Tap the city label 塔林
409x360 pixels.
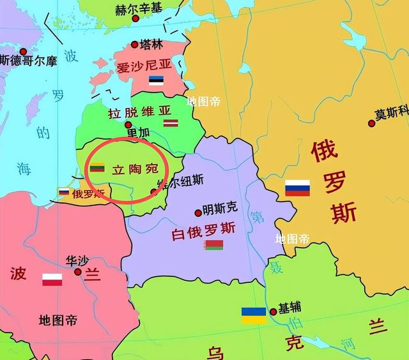pyautogui.click(x=153, y=45)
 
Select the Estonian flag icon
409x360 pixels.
pyautogui.click(x=157, y=80)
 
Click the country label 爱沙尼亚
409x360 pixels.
pyautogui.click(x=143, y=66)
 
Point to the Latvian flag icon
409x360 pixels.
pyautogui.click(x=169, y=123)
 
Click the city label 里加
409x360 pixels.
pyautogui.click(x=139, y=132)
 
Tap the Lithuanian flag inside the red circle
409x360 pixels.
pyautogui.click(x=96, y=168)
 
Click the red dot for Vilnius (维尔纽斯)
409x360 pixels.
pyautogui.click(x=153, y=191)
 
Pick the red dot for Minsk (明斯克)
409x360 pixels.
pyautogui.click(x=198, y=213)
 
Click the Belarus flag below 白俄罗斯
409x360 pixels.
pyautogui.click(x=214, y=244)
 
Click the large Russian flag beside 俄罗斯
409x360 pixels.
pyautogui.click(x=297, y=188)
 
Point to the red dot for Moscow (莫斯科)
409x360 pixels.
pyautogui.click(x=371, y=123)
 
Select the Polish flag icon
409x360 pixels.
pyautogui.click(x=52, y=279)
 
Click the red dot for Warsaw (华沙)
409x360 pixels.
pyautogui.click(x=78, y=271)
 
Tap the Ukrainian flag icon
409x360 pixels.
pyautogui.click(x=254, y=315)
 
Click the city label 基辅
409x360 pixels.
pyautogui.click(x=289, y=308)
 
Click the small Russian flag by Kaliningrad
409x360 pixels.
pyautogui.click(x=65, y=191)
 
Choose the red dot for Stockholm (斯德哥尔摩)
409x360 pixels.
pyautogui.click(x=23, y=51)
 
